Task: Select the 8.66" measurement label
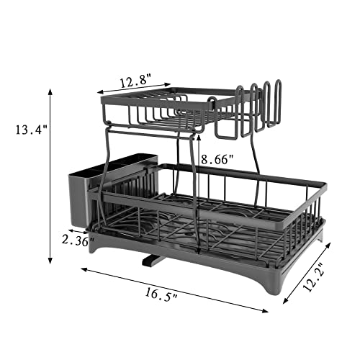click(x=218, y=160)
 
